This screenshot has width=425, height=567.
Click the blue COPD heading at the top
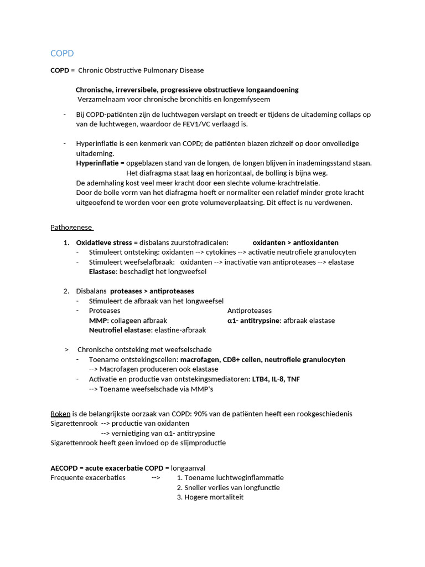point(62,53)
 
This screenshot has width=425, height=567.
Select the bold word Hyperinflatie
point(97,163)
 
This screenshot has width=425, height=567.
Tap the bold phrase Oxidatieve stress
point(104,243)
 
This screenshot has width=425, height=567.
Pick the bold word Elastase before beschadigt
point(102,271)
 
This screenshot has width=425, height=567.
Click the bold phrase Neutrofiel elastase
point(120,329)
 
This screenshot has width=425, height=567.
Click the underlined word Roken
point(60,414)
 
